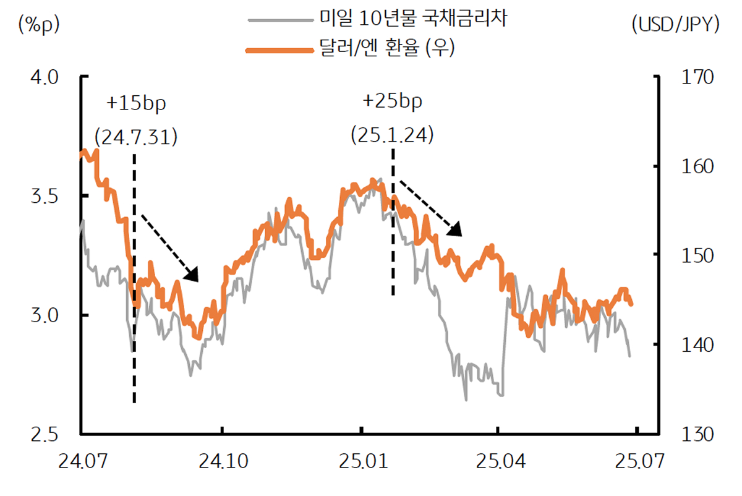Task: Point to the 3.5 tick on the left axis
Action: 44,197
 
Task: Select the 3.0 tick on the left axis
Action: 44,315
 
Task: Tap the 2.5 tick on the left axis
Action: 44,434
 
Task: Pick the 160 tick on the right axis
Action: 697,167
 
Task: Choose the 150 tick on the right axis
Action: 697,255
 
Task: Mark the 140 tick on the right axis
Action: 697,344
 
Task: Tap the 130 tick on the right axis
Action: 697,434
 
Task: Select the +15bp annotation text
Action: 136,103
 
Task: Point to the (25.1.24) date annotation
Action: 391,134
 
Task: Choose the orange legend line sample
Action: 279,49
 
